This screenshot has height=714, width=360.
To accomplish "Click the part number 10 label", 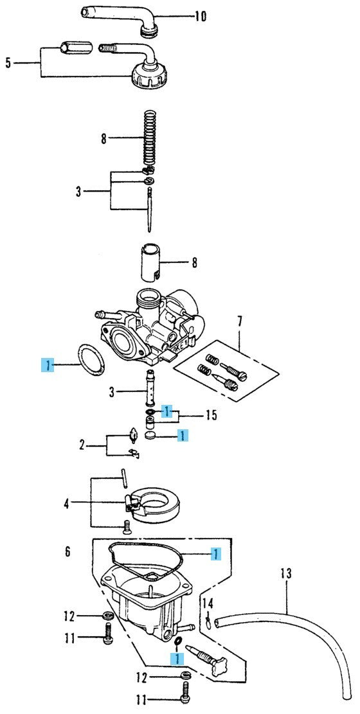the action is pyautogui.click(x=200, y=17).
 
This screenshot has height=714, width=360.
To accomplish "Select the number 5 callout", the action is pyautogui.click(x=8, y=62).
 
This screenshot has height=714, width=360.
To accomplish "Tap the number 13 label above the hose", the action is pyautogui.click(x=285, y=573).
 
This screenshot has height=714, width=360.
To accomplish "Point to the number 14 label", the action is pyautogui.click(x=208, y=604).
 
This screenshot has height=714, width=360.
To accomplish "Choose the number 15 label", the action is pyautogui.click(x=211, y=415).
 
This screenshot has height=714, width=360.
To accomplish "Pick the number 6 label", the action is pyautogui.click(x=67, y=552).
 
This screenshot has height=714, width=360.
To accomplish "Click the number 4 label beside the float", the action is pyautogui.click(x=66, y=504).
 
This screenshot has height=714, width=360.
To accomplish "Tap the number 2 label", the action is pyautogui.click(x=82, y=445).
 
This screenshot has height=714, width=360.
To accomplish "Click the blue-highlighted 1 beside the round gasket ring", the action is pyautogui.click(x=48, y=365).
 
